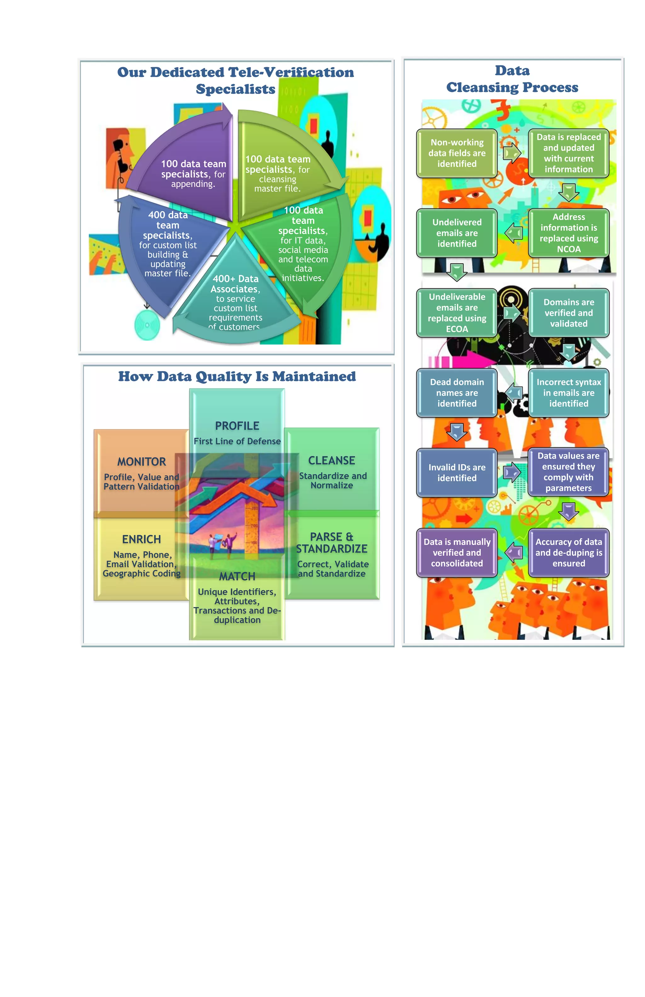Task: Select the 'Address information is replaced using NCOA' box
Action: (x=568, y=233)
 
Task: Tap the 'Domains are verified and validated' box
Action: (x=568, y=312)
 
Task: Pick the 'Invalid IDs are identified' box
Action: (x=457, y=473)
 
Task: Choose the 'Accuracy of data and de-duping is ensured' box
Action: (x=568, y=553)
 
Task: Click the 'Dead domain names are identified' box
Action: (x=457, y=392)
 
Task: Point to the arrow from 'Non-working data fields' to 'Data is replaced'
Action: (x=512, y=153)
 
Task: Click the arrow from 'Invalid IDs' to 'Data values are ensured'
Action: (x=512, y=473)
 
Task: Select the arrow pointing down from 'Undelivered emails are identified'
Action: (x=457, y=272)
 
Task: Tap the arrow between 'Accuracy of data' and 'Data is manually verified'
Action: (x=513, y=553)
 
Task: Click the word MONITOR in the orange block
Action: (x=141, y=461)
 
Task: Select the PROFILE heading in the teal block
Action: (x=237, y=426)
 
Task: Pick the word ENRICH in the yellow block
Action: (x=141, y=539)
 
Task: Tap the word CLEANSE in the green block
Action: (x=332, y=460)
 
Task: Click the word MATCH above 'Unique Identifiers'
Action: (x=237, y=576)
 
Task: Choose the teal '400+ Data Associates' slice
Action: (x=235, y=301)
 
